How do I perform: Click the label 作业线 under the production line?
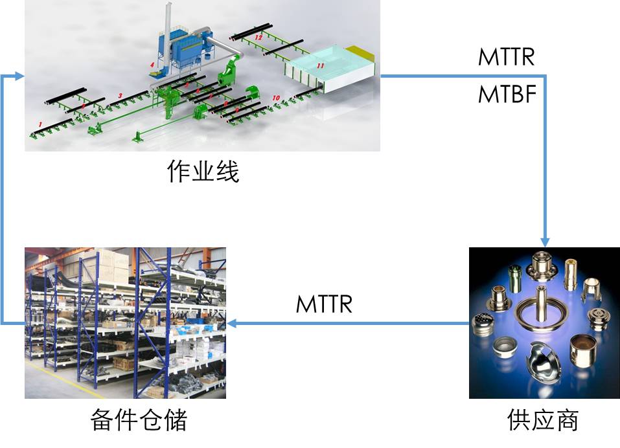(203, 172)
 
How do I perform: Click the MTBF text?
(507, 95)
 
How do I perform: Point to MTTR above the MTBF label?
(507, 57)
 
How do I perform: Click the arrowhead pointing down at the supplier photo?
(545, 241)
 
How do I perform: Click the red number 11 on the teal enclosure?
(319, 66)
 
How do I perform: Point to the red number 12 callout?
(258, 38)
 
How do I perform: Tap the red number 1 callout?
(40, 123)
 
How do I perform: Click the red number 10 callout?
(277, 98)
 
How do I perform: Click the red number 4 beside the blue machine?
(152, 65)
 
